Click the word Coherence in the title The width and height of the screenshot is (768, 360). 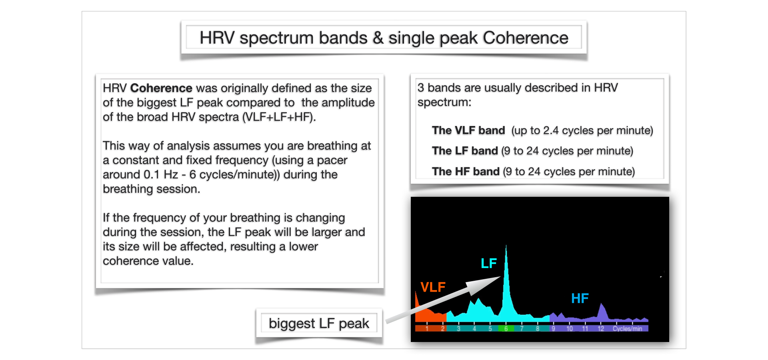click(525, 38)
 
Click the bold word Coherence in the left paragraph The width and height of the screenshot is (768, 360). click(161, 88)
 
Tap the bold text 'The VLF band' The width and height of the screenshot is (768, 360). click(468, 130)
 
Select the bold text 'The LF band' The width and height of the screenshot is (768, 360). click(465, 151)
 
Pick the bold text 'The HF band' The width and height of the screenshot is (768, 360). click(466, 172)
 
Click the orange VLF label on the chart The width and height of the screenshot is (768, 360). click(433, 287)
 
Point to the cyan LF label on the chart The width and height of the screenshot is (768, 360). click(488, 263)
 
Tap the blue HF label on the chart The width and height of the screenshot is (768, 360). click(580, 298)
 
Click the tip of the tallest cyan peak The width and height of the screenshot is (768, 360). click(506, 245)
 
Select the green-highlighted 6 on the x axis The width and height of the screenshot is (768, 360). click(506, 329)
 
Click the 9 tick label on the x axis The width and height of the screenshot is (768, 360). click(553, 329)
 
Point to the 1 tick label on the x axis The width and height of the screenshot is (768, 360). click(427, 329)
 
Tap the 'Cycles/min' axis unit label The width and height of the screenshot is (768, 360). click(627, 329)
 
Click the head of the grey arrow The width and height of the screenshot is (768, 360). click(500, 277)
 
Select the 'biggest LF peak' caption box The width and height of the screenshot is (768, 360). click(319, 323)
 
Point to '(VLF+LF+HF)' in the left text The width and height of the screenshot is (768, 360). click(279, 117)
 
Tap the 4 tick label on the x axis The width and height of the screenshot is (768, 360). click(474, 329)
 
